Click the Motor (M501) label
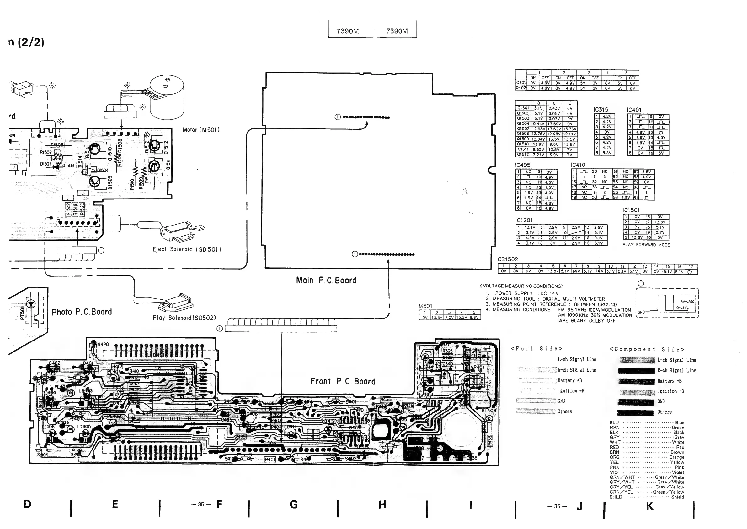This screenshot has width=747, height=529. coord(201,130)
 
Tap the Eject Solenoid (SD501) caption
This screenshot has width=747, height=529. coord(187,249)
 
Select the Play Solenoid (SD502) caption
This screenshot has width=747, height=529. coord(184,318)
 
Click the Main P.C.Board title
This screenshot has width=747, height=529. coord(326,280)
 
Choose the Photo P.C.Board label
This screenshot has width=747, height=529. coord(82,312)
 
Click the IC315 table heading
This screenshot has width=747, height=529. coord(600,110)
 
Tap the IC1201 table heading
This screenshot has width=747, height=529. coord(524,220)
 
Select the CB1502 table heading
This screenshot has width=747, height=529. coord(508,259)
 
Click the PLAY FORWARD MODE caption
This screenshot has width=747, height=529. coord(646,245)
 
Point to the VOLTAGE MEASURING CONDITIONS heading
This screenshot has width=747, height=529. coord(521,286)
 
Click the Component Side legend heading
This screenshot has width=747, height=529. coord(647,349)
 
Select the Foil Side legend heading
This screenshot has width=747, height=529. coord(536,349)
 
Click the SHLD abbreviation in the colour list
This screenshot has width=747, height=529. coord(616,497)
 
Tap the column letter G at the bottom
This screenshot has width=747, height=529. coord(293,504)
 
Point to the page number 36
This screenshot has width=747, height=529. coord(557,506)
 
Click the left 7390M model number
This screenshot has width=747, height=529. coord(348,31)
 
